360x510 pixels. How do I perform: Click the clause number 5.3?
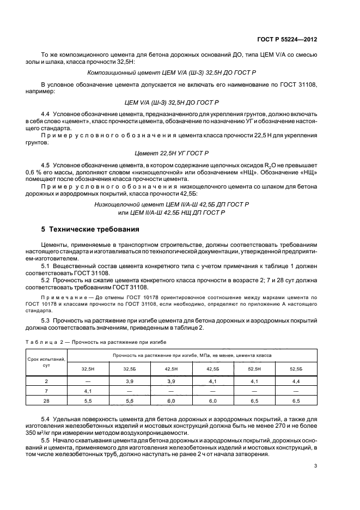point(46,320)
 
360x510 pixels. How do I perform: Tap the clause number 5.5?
point(46,439)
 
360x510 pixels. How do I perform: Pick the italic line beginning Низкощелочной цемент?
point(172,204)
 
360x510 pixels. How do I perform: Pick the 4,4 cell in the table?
point(296,381)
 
